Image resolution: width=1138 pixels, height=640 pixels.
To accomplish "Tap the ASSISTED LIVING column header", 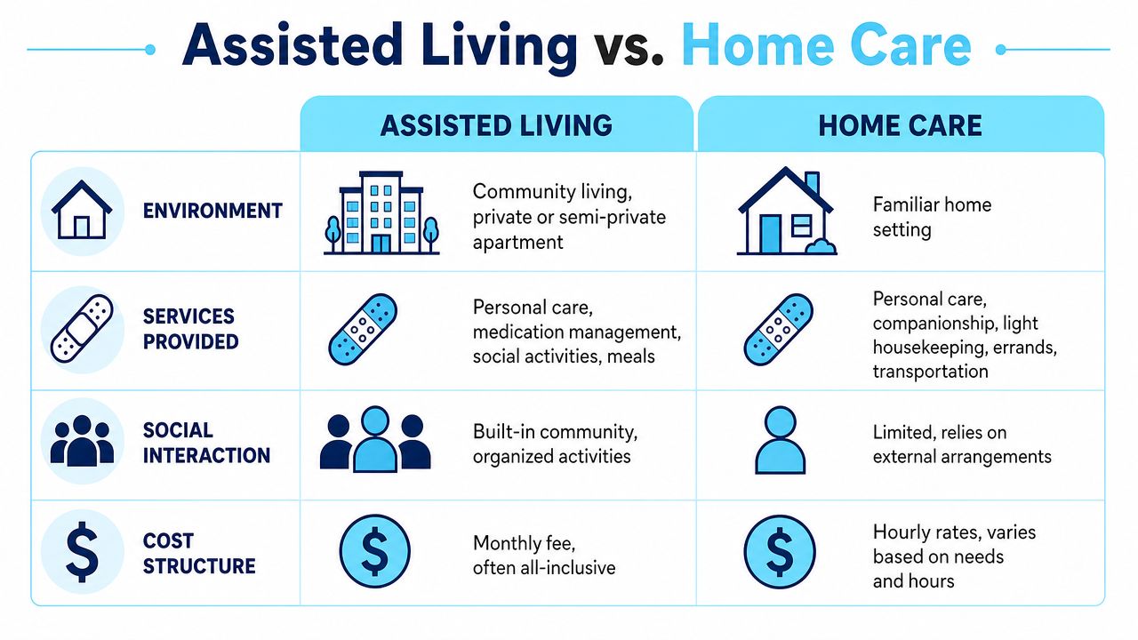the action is pyautogui.click(x=496, y=126).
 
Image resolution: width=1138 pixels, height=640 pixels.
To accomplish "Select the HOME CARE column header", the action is pyautogui.click(x=900, y=126).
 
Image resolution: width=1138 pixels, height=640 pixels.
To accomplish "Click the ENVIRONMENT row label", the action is pyautogui.click(x=212, y=211).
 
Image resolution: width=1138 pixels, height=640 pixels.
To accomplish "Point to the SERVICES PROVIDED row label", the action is pyautogui.click(x=190, y=329).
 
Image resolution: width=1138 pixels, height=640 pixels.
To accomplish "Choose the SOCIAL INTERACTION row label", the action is pyautogui.click(x=206, y=443).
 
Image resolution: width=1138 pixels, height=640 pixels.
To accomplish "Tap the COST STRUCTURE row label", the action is pyautogui.click(x=198, y=554).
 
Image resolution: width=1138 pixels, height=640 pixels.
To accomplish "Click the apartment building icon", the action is pyautogui.click(x=381, y=212).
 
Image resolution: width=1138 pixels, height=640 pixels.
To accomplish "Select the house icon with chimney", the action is pyautogui.click(x=787, y=211).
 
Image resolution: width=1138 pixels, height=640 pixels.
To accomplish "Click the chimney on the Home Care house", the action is pyautogui.click(x=812, y=182).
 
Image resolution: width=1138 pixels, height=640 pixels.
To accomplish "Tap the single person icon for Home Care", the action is pyautogui.click(x=780, y=440).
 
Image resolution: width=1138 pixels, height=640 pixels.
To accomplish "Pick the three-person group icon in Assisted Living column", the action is pyautogui.click(x=375, y=439).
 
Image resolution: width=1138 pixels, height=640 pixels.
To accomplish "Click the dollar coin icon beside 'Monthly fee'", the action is pyautogui.click(x=374, y=551).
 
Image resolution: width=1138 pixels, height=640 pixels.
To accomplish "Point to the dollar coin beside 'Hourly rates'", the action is pyautogui.click(x=780, y=552).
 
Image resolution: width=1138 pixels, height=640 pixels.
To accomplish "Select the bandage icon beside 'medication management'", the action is pyautogui.click(x=363, y=329).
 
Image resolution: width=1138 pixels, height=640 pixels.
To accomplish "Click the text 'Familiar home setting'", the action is pyautogui.click(x=932, y=217).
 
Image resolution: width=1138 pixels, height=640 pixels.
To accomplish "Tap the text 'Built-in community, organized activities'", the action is pyautogui.click(x=555, y=444).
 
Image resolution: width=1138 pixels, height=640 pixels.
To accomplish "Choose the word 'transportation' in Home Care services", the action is pyautogui.click(x=930, y=372).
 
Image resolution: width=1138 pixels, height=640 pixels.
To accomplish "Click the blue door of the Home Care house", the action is pyautogui.click(x=771, y=234).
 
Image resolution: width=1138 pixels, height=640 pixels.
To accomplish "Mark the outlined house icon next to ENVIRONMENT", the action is pyautogui.click(x=82, y=210).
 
